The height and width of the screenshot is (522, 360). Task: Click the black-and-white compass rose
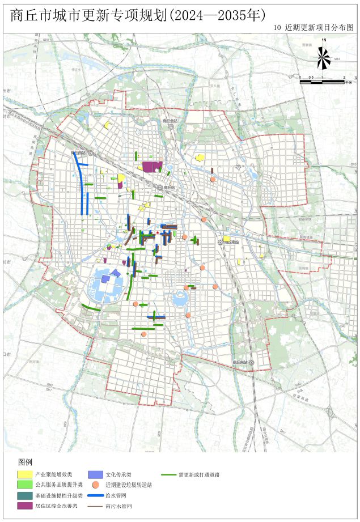[x=323, y=57]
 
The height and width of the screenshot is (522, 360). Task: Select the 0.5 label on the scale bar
[x=311, y=77]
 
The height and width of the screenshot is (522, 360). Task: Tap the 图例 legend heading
[x=26, y=462]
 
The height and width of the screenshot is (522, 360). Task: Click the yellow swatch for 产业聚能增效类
[x=24, y=474]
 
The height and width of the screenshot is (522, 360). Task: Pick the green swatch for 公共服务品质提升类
[x=24, y=485]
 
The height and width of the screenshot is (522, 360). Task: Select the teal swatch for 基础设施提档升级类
[x=24, y=495]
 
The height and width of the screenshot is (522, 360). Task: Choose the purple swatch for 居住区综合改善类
[x=24, y=506]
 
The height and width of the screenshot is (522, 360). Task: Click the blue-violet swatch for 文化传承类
[x=95, y=474]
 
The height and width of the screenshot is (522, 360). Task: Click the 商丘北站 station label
[x=169, y=121]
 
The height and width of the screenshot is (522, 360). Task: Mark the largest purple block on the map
[x=152, y=167]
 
